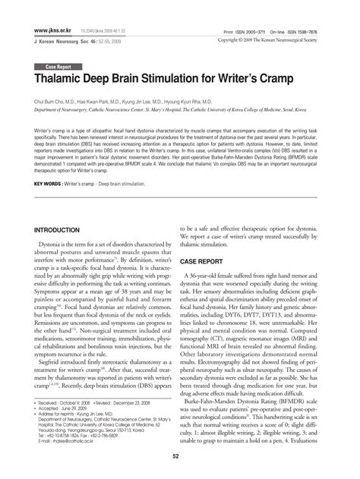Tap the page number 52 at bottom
click(x=180, y=455)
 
